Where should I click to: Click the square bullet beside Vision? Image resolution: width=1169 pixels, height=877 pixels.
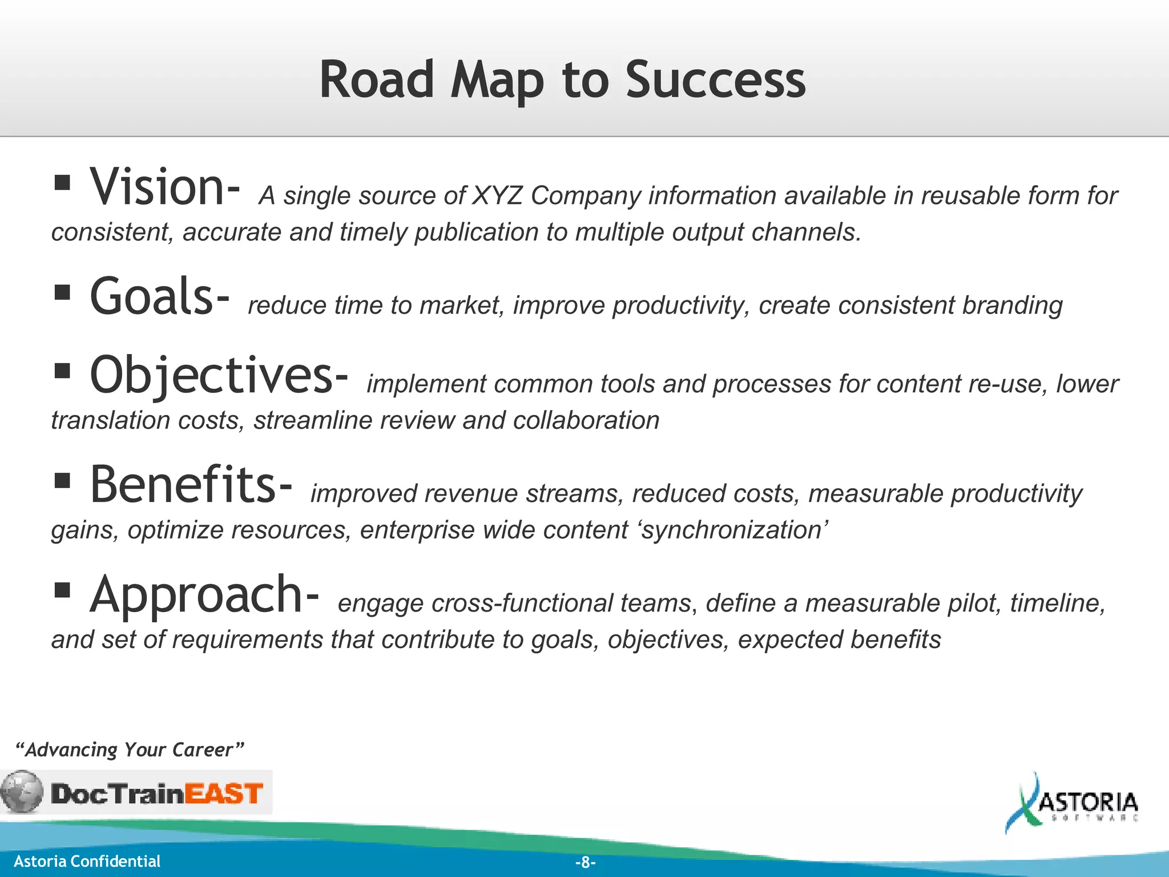tap(62, 183)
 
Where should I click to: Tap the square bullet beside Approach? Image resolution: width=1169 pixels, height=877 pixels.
tap(62, 590)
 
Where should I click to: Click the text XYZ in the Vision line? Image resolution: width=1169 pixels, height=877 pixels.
tap(497, 196)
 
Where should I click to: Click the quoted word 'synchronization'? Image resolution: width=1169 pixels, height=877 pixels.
tap(733, 530)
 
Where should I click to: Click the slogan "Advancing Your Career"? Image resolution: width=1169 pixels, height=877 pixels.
tap(130, 750)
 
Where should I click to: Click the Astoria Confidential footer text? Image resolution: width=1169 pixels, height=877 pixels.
tap(87, 862)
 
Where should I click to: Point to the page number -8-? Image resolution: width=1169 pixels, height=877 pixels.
tap(585, 862)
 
